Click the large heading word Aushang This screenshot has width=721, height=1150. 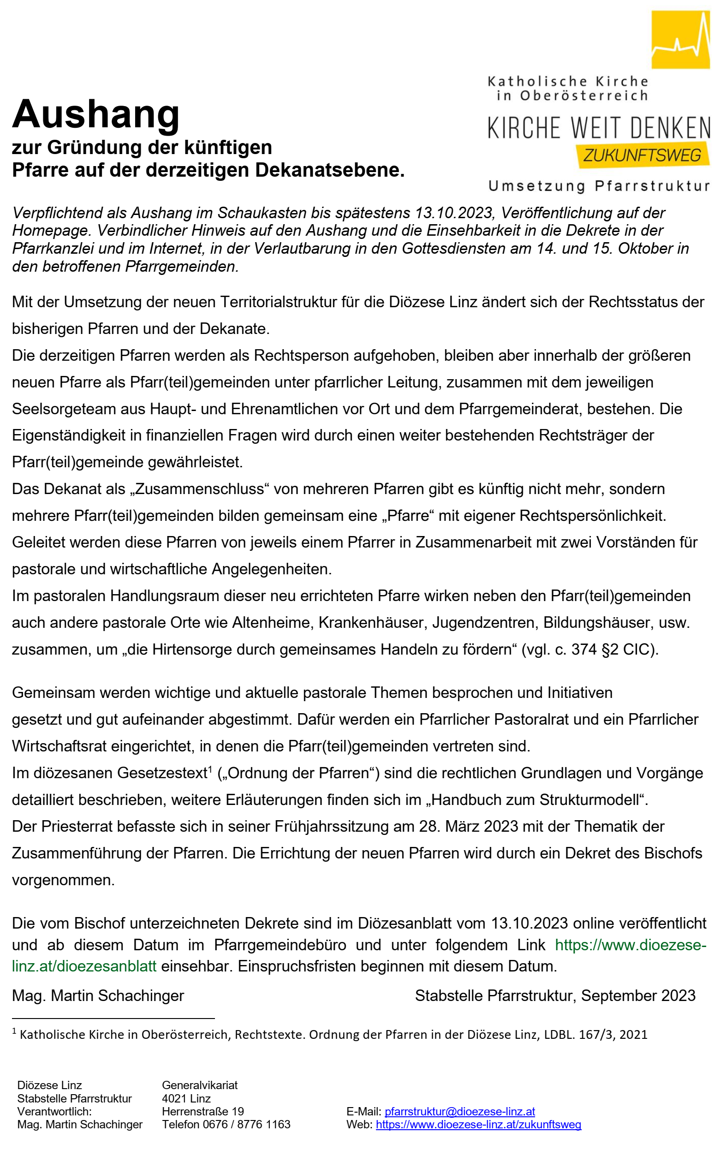96,114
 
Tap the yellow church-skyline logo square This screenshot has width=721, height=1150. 680,39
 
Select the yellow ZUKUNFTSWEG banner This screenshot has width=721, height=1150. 642,155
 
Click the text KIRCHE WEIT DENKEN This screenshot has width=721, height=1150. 599,128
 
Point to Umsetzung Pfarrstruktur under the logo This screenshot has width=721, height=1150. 599,186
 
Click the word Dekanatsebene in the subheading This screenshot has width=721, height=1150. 329,170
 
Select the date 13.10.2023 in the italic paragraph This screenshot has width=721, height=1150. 453,213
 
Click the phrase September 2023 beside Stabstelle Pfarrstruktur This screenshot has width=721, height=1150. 638,995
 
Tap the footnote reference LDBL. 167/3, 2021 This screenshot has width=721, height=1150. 596,1035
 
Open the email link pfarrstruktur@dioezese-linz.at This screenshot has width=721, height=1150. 460,1111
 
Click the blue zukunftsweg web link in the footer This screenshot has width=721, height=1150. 478,1125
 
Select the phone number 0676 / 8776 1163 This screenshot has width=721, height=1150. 246,1125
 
